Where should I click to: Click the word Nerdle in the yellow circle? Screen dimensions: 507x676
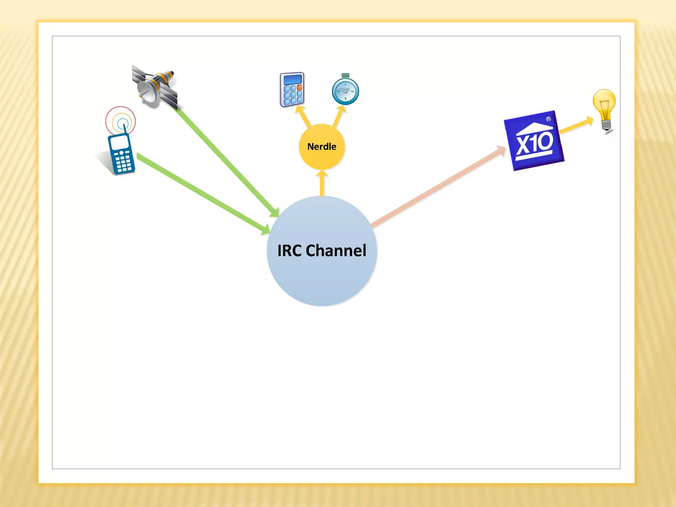pos(321,147)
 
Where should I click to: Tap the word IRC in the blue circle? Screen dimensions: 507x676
pos(289,251)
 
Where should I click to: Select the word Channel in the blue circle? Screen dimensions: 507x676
pos(336,251)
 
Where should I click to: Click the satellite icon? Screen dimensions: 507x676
pos(155,86)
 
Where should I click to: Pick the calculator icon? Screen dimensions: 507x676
pos(292,89)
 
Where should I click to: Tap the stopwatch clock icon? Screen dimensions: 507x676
pos(345,90)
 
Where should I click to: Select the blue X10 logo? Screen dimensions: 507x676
pos(534,141)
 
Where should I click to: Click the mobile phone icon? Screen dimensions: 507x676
pos(121,154)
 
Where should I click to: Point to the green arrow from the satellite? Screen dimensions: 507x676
pos(228,162)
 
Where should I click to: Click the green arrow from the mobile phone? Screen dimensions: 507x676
pos(201,193)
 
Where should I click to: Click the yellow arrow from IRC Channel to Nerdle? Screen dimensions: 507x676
pos(322,184)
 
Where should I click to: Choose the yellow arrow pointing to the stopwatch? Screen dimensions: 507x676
pos(339,116)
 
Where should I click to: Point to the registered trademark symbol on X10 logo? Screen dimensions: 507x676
pos(548,119)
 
